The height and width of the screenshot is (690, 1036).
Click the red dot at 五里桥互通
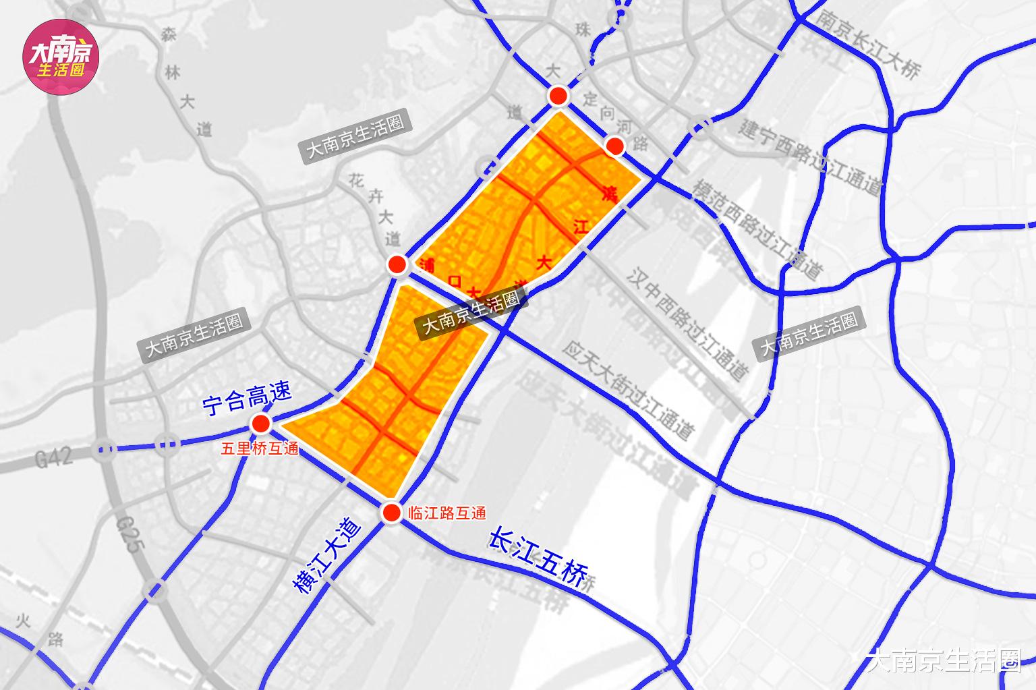(x=260, y=424)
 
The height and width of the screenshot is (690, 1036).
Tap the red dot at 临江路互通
(x=391, y=513)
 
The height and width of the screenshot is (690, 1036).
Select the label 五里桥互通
(x=260, y=449)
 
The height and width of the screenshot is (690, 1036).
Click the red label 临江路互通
(x=447, y=513)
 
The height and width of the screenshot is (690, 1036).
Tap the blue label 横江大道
(x=326, y=554)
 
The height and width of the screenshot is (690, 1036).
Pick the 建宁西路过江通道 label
(x=810, y=156)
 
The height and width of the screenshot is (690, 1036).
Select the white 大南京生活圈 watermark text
(x=944, y=660)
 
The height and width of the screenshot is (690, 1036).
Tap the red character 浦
(x=426, y=264)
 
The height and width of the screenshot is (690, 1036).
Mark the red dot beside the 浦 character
(x=397, y=264)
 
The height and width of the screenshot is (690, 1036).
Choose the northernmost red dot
(x=558, y=96)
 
